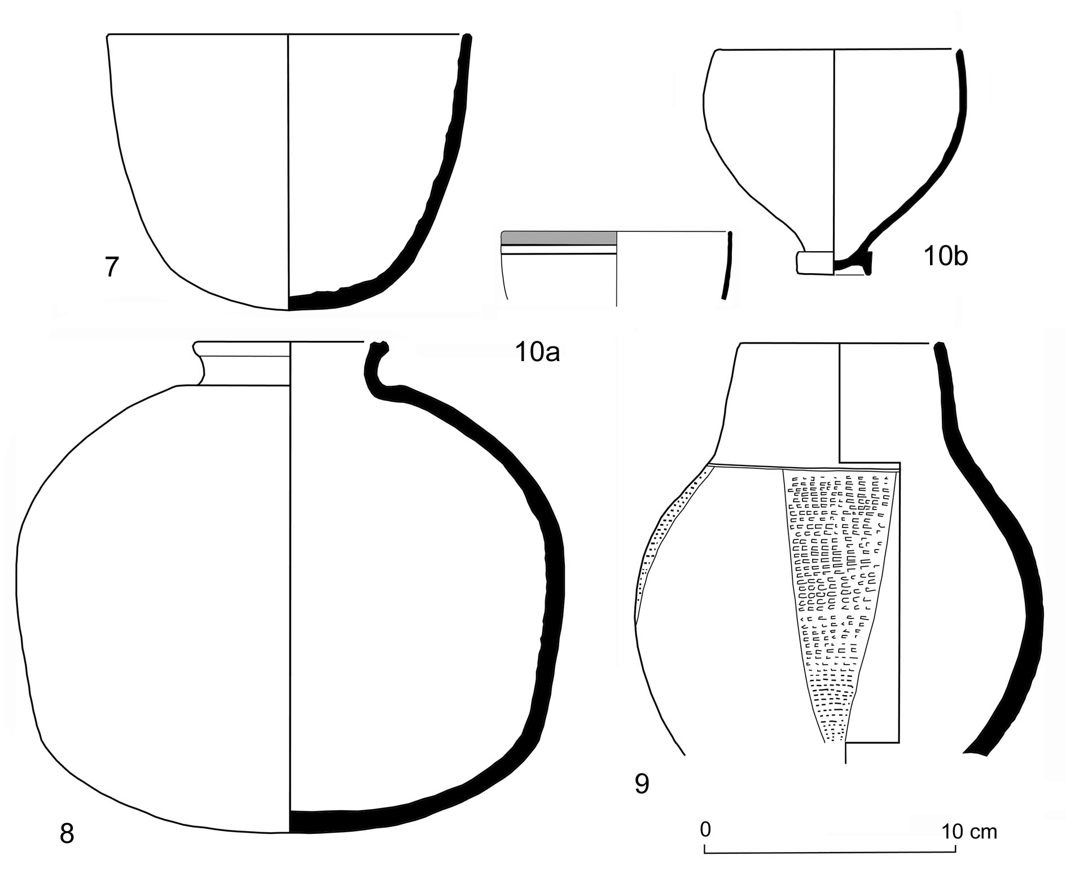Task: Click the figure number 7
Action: coord(112,267)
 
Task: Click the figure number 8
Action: coord(67,834)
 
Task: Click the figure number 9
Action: coord(642,784)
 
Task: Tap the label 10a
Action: coord(537,353)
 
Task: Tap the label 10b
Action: coord(945,257)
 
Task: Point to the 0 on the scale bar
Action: coord(705,829)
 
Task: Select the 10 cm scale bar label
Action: coord(969,831)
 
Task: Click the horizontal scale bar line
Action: coord(830,852)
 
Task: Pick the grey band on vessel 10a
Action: coord(559,238)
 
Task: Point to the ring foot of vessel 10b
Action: coord(814,263)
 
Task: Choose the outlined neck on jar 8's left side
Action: coord(200,367)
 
